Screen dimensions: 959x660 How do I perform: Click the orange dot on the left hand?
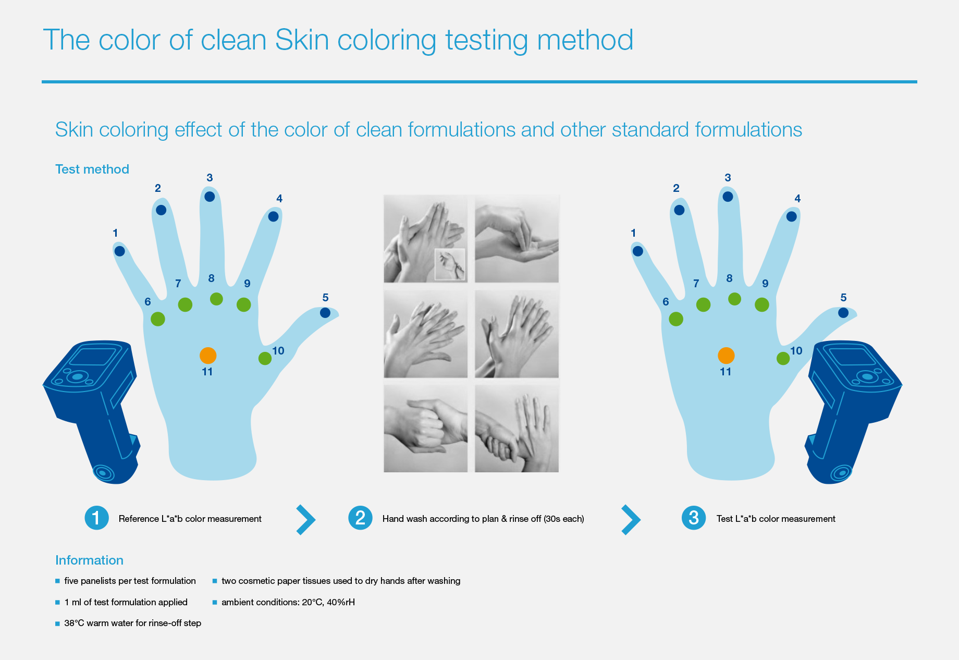[x=208, y=356]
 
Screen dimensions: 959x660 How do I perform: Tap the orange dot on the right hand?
[x=726, y=356]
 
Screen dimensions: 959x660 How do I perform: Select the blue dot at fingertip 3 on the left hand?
[x=210, y=197]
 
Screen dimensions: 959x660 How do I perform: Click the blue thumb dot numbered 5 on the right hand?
[x=843, y=313]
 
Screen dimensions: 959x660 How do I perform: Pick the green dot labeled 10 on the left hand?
[x=265, y=358]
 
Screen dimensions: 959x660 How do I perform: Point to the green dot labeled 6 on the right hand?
[x=676, y=319]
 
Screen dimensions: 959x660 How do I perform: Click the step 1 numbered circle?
[x=96, y=518]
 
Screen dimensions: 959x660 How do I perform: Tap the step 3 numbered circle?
[x=694, y=518]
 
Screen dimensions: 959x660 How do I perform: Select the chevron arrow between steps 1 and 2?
[x=306, y=520]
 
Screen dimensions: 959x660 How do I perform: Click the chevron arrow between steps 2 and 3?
[x=631, y=520]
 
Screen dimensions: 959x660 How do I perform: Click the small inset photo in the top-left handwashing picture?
[x=450, y=264]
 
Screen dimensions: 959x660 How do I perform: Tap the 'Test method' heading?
[x=92, y=169]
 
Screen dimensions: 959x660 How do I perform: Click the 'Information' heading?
[x=89, y=560]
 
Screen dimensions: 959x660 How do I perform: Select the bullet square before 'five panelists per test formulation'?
[x=58, y=581]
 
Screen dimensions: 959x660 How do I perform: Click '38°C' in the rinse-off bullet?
[x=74, y=623]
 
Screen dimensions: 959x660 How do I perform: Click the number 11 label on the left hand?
[x=207, y=372]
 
